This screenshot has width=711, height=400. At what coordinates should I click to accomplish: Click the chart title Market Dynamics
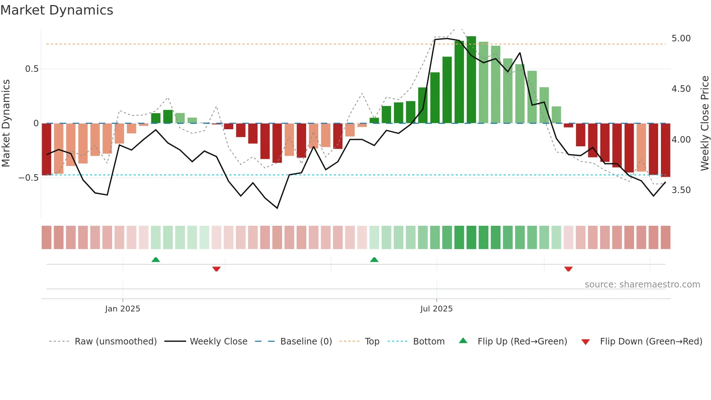(57, 10)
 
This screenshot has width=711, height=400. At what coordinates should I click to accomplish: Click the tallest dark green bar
(471, 80)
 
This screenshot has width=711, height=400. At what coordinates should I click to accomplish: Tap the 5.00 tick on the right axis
(681, 38)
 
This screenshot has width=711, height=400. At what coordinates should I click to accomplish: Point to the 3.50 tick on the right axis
(681, 190)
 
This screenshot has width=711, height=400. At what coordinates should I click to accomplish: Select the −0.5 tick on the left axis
(29, 178)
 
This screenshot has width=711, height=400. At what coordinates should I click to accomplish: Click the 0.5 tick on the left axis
(32, 69)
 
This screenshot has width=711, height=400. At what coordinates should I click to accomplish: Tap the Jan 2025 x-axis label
(123, 309)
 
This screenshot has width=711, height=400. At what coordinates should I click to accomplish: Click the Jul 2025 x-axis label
(436, 309)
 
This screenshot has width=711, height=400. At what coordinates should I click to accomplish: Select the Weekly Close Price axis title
(704, 123)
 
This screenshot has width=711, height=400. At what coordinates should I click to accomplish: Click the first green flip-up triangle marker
(156, 260)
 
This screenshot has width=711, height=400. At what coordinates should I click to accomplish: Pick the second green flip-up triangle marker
(374, 260)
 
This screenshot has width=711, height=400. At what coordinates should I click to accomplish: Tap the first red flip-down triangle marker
(217, 269)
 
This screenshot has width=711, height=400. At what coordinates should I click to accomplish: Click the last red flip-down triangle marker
(568, 269)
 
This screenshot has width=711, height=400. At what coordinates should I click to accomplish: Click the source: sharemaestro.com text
(642, 285)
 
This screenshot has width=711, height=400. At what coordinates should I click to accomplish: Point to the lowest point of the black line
(277, 208)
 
